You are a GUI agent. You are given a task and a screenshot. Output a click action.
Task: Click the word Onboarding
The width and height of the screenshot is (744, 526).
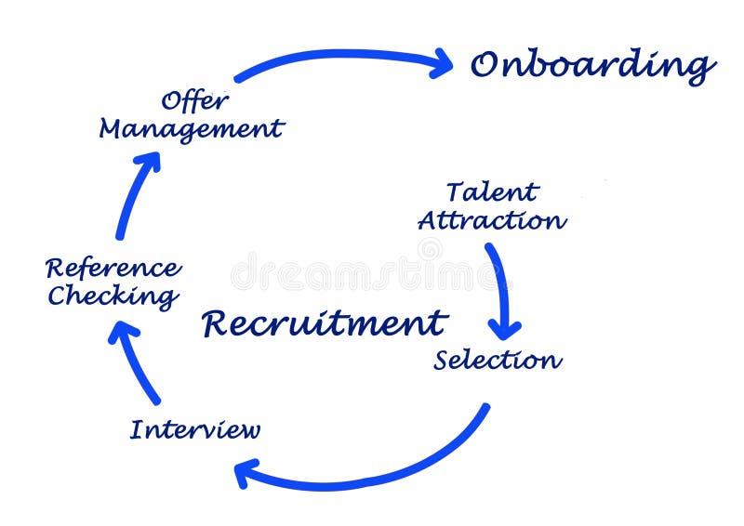(x=592, y=66)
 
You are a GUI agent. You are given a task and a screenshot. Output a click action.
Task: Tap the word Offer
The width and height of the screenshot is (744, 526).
(x=195, y=99)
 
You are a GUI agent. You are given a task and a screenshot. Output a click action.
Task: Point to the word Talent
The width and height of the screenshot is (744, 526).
(x=491, y=192)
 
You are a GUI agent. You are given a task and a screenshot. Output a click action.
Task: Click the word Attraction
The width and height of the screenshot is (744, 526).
(x=491, y=221)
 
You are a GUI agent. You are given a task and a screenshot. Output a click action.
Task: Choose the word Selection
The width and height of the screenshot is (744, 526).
(x=498, y=360)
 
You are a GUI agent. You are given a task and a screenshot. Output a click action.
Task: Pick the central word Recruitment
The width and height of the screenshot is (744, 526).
(x=325, y=323)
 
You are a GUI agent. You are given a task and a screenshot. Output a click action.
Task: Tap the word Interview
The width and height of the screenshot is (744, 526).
(x=194, y=430)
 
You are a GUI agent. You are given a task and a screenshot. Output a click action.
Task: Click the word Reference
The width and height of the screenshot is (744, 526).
(x=113, y=269)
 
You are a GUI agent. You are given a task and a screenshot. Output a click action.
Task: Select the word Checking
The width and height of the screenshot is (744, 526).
(x=113, y=296)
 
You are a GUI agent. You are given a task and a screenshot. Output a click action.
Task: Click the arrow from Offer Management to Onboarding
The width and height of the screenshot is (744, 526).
(x=335, y=57)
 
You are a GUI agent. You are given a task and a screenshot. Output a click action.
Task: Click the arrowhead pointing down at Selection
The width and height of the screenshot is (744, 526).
(x=505, y=326)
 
